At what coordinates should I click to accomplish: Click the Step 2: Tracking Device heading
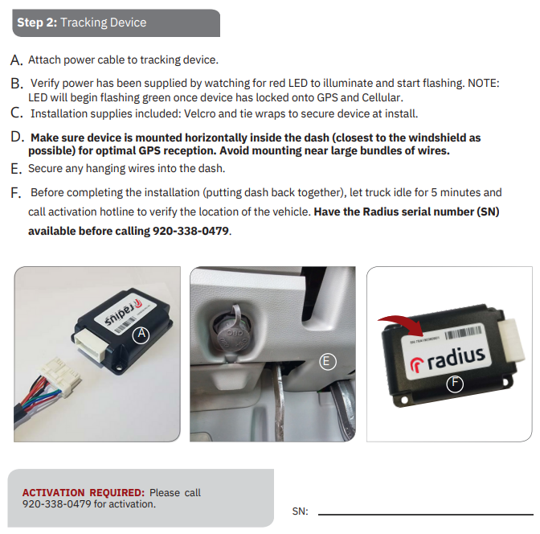coord(82,23)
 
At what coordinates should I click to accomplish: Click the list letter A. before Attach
coord(17,60)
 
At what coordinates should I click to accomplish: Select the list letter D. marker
coord(17,138)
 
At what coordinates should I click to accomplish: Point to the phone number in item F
coord(190,232)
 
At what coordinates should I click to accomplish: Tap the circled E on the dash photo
coord(326,362)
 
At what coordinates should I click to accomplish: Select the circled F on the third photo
coord(455,383)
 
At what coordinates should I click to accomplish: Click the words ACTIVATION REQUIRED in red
coord(83,492)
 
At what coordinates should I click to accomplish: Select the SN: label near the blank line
coord(300,511)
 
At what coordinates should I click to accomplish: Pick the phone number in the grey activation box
coord(53,504)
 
